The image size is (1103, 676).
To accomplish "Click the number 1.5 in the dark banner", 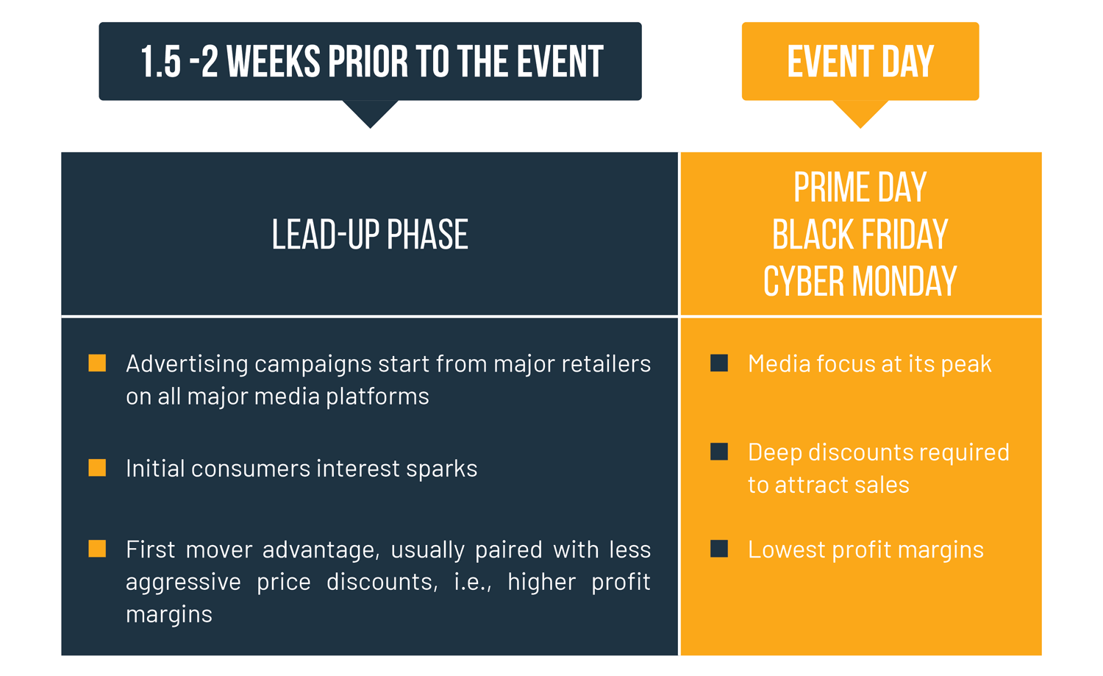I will pyautogui.click(x=160, y=62).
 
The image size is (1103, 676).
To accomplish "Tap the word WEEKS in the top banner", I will pyautogui.click(x=273, y=62).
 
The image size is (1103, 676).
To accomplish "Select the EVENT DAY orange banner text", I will pyautogui.click(x=860, y=62).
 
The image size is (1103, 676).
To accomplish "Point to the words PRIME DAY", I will pyautogui.click(x=860, y=188).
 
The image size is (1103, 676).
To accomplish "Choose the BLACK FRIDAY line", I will pyautogui.click(x=860, y=235).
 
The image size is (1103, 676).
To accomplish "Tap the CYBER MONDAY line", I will pyautogui.click(x=860, y=282).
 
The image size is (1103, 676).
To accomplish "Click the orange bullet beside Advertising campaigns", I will pyautogui.click(x=97, y=363).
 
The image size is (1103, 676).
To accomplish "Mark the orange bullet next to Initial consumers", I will pyautogui.click(x=97, y=468).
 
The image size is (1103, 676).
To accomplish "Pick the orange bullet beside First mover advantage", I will pyautogui.click(x=97, y=549).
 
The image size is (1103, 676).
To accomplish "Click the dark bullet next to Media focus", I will pyautogui.click(x=719, y=363).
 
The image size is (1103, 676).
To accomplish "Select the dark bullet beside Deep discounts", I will pyautogui.click(x=719, y=452).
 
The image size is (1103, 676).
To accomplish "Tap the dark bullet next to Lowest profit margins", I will pyautogui.click(x=719, y=549).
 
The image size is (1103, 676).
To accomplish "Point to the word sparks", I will pyautogui.click(x=446, y=469).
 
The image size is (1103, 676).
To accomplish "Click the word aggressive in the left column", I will pyautogui.click(x=183, y=582).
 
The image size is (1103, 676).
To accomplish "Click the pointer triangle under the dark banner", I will pyautogui.click(x=371, y=113).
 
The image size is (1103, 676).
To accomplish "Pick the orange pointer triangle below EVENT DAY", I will pyautogui.click(x=860, y=113).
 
